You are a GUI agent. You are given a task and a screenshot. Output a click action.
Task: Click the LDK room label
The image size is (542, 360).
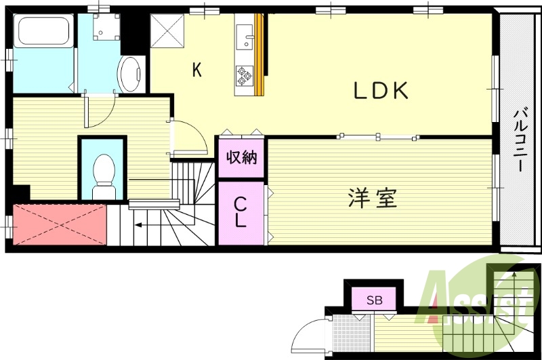point(381,91)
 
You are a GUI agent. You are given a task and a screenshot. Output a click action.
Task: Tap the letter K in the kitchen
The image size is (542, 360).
point(196,69)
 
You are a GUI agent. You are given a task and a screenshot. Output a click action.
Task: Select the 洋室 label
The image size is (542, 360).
point(372,198)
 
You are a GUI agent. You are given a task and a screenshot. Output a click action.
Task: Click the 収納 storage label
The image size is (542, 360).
point(241,158)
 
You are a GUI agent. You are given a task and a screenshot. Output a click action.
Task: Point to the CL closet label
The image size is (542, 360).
point(241,212)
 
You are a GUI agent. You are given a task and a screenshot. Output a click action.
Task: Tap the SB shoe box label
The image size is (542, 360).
point(375,299)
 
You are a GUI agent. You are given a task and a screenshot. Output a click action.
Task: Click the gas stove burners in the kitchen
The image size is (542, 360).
point(243,76)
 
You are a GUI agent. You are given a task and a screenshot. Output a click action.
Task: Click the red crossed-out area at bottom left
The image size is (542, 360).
point(60,224)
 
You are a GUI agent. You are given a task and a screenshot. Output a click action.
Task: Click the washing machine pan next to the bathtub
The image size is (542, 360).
point(104,26)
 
